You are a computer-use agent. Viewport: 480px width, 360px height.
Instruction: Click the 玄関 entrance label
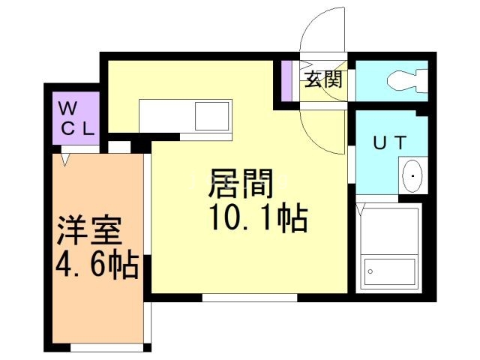[323, 79]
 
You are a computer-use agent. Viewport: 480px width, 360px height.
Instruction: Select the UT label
[390, 142]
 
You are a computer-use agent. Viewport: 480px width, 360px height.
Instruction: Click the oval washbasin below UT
[412, 175]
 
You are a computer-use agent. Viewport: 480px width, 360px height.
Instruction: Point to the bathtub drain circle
[370, 271]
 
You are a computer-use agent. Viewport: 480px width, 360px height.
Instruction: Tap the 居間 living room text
[241, 183]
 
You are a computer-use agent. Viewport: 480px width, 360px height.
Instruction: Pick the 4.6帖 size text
[97, 264]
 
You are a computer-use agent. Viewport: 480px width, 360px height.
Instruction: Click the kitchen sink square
[212, 116]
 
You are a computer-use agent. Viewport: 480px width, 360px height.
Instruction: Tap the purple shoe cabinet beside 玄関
[286, 81]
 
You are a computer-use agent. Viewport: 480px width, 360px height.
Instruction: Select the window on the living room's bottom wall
[250, 298]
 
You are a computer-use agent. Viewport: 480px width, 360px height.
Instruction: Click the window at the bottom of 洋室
[107, 347]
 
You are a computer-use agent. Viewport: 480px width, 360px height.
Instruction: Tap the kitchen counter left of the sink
[167, 116]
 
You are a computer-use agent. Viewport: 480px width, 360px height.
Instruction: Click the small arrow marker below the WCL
[65, 160]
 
